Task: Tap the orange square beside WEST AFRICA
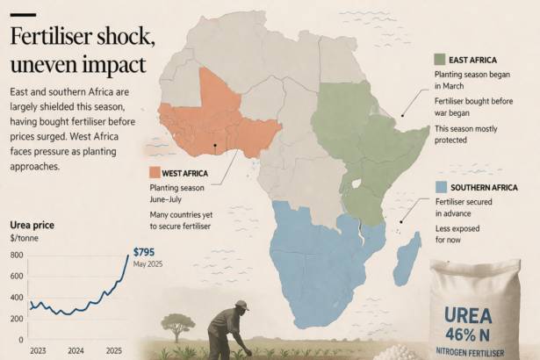(155, 172)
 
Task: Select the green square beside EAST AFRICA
(439, 60)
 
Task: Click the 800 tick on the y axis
(16, 255)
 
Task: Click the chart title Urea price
(32, 226)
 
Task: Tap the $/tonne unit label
(25, 238)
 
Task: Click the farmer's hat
(241, 306)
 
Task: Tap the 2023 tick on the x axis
(38, 350)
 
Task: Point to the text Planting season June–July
(181, 194)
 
